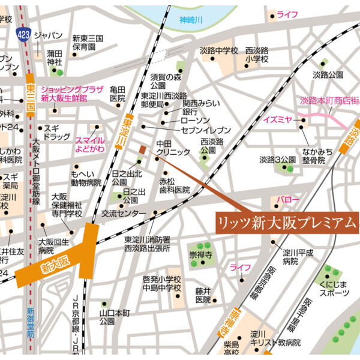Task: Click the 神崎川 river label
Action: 191,20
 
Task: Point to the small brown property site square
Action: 142,149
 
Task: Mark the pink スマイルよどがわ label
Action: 90,144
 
